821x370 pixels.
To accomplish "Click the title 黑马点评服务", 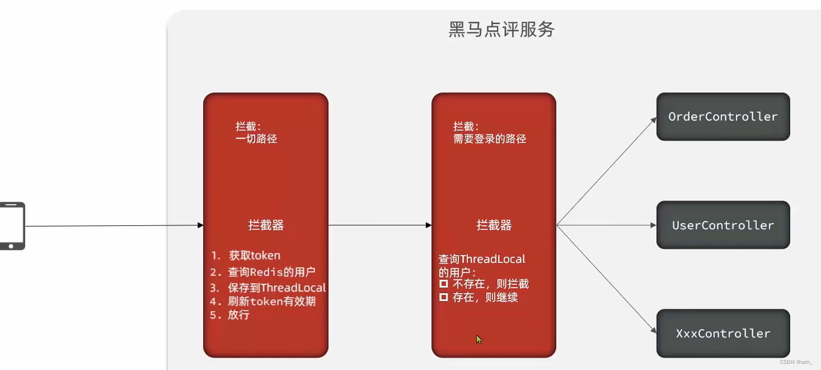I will [x=501, y=29].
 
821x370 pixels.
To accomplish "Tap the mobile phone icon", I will [x=12, y=226].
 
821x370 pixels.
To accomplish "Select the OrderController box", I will [x=723, y=117].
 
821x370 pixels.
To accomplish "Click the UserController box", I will [x=723, y=225].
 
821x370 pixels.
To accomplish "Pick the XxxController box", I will [x=723, y=334].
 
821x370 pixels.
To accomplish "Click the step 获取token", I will [x=254, y=256].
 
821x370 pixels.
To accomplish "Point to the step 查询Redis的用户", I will [x=271, y=272].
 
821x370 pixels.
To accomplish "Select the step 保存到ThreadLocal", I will [x=276, y=288].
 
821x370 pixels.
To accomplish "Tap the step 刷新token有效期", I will [x=271, y=302].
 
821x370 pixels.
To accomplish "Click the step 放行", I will [x=238, y=315].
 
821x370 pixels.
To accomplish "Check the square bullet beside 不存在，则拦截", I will [x=443, y=284].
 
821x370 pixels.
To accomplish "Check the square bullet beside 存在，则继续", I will [x=443, y=298].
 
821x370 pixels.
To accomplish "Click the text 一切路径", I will [x=256, y=139].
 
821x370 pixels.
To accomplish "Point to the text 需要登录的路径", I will [x=490, y=139].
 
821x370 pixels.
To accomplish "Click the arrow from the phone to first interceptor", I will [x=112, y=226].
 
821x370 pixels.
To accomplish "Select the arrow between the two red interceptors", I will [x=379, y=225].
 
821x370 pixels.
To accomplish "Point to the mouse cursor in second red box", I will [x=479, y=339].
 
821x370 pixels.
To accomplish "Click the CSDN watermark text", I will [x=796, y=362].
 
